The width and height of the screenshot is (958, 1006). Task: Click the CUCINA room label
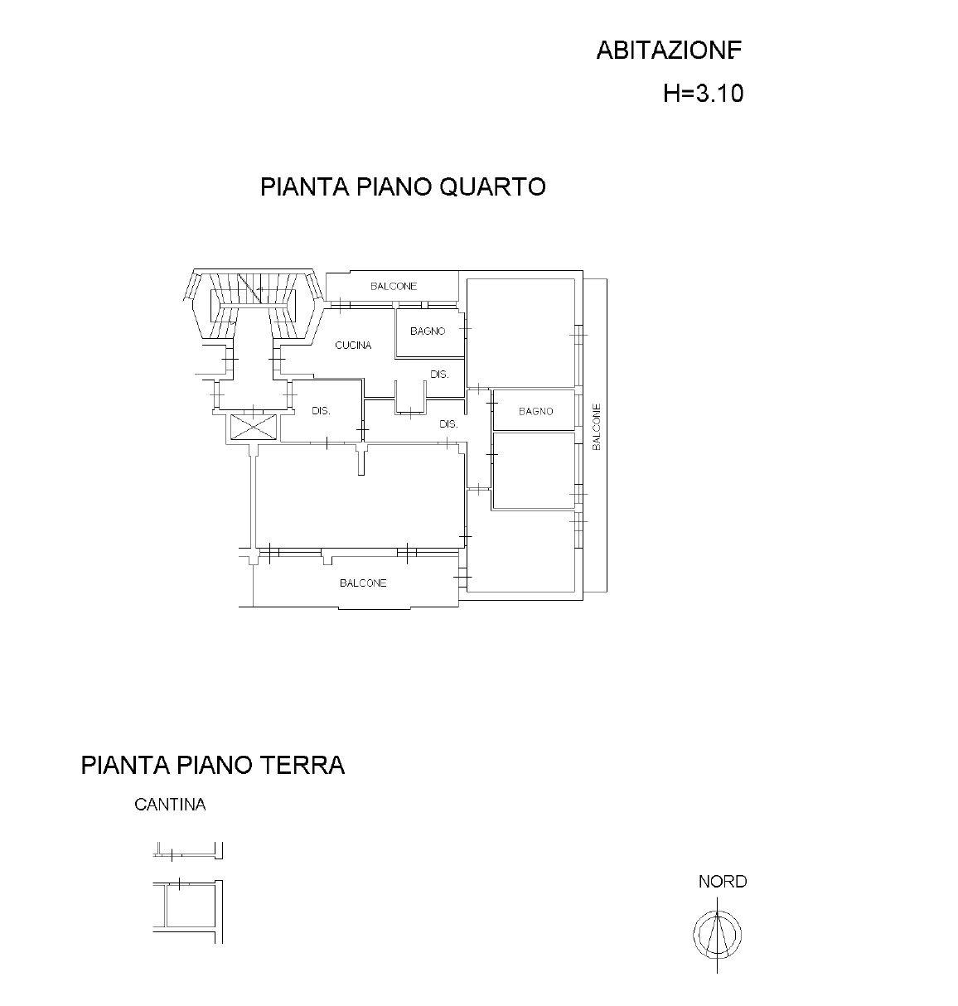pyautogui.click(x=353, y=346)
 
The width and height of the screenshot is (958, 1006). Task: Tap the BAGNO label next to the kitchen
pyautogui.click(x=428, y=331)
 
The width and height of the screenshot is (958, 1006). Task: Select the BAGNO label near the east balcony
pyautogui.click(x=536, y=411)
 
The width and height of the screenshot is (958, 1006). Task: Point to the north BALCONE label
pyautogui.click(x=394, y=286)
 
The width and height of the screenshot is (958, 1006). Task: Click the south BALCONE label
pyautogui.click(x=363, y=583)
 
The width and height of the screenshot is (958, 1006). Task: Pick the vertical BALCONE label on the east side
pyautogui.click(x=596, y=427)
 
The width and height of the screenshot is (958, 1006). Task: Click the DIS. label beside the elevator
pyautogui.click(x=322, y=410)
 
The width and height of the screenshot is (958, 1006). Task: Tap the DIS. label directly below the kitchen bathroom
pyautogui.click(x=439, y=374)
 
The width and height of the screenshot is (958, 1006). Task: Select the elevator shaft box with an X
pyautogui.click(x=254, y=426)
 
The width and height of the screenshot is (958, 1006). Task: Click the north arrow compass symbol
pyautogui.click(x=717, y=934)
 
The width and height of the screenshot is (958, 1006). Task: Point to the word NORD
pyautogui.click(x=723, y=881)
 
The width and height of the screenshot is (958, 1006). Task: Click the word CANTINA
pyautogui.click(x=170, y=805)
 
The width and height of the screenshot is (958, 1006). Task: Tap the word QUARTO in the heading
pyautogui.click(x=493, y=186)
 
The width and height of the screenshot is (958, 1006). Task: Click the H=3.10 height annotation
pyautogui.click(x=703, y=94)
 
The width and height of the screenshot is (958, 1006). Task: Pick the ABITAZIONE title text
pyautogui.click(x=669, y=51)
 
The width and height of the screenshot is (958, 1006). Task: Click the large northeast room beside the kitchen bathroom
pyautogui.click(x=520, y=332)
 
